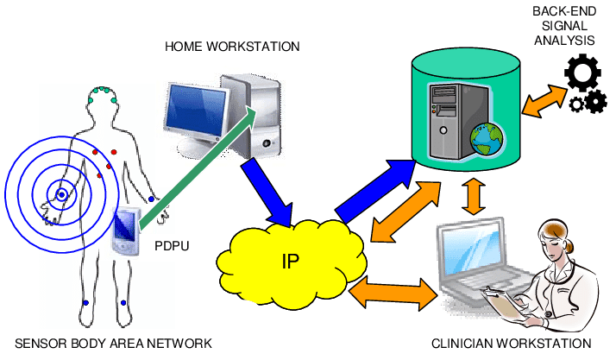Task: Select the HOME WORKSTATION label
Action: pyautogui.click(x=232, y=46)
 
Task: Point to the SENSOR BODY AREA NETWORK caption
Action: pyautogui.click(x=107, y=344)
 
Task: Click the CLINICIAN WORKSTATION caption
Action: pyautogui.click(x=512, y=344)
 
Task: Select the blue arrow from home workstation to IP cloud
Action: pyautogui.click(x=267, y=194)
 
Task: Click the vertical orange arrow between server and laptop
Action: pyautogui.click(x=472, y=197)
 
